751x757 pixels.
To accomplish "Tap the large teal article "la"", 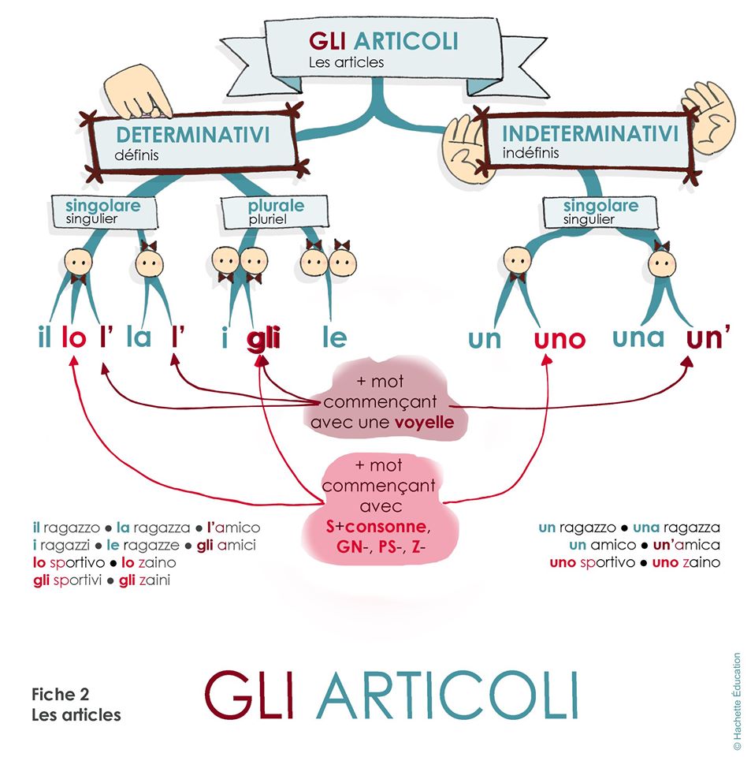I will click(139, 338).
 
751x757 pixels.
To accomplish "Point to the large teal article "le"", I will click(334, 338).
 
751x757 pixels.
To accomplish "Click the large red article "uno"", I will click(560, 340).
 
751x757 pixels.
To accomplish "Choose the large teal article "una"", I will click(638, 337).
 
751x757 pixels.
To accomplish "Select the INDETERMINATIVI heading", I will click(590, 133).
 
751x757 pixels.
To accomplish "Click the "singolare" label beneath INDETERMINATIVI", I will click(600, 207).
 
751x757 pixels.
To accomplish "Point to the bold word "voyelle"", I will click(425, 423).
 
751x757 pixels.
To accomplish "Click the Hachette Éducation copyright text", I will click(737, 701).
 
